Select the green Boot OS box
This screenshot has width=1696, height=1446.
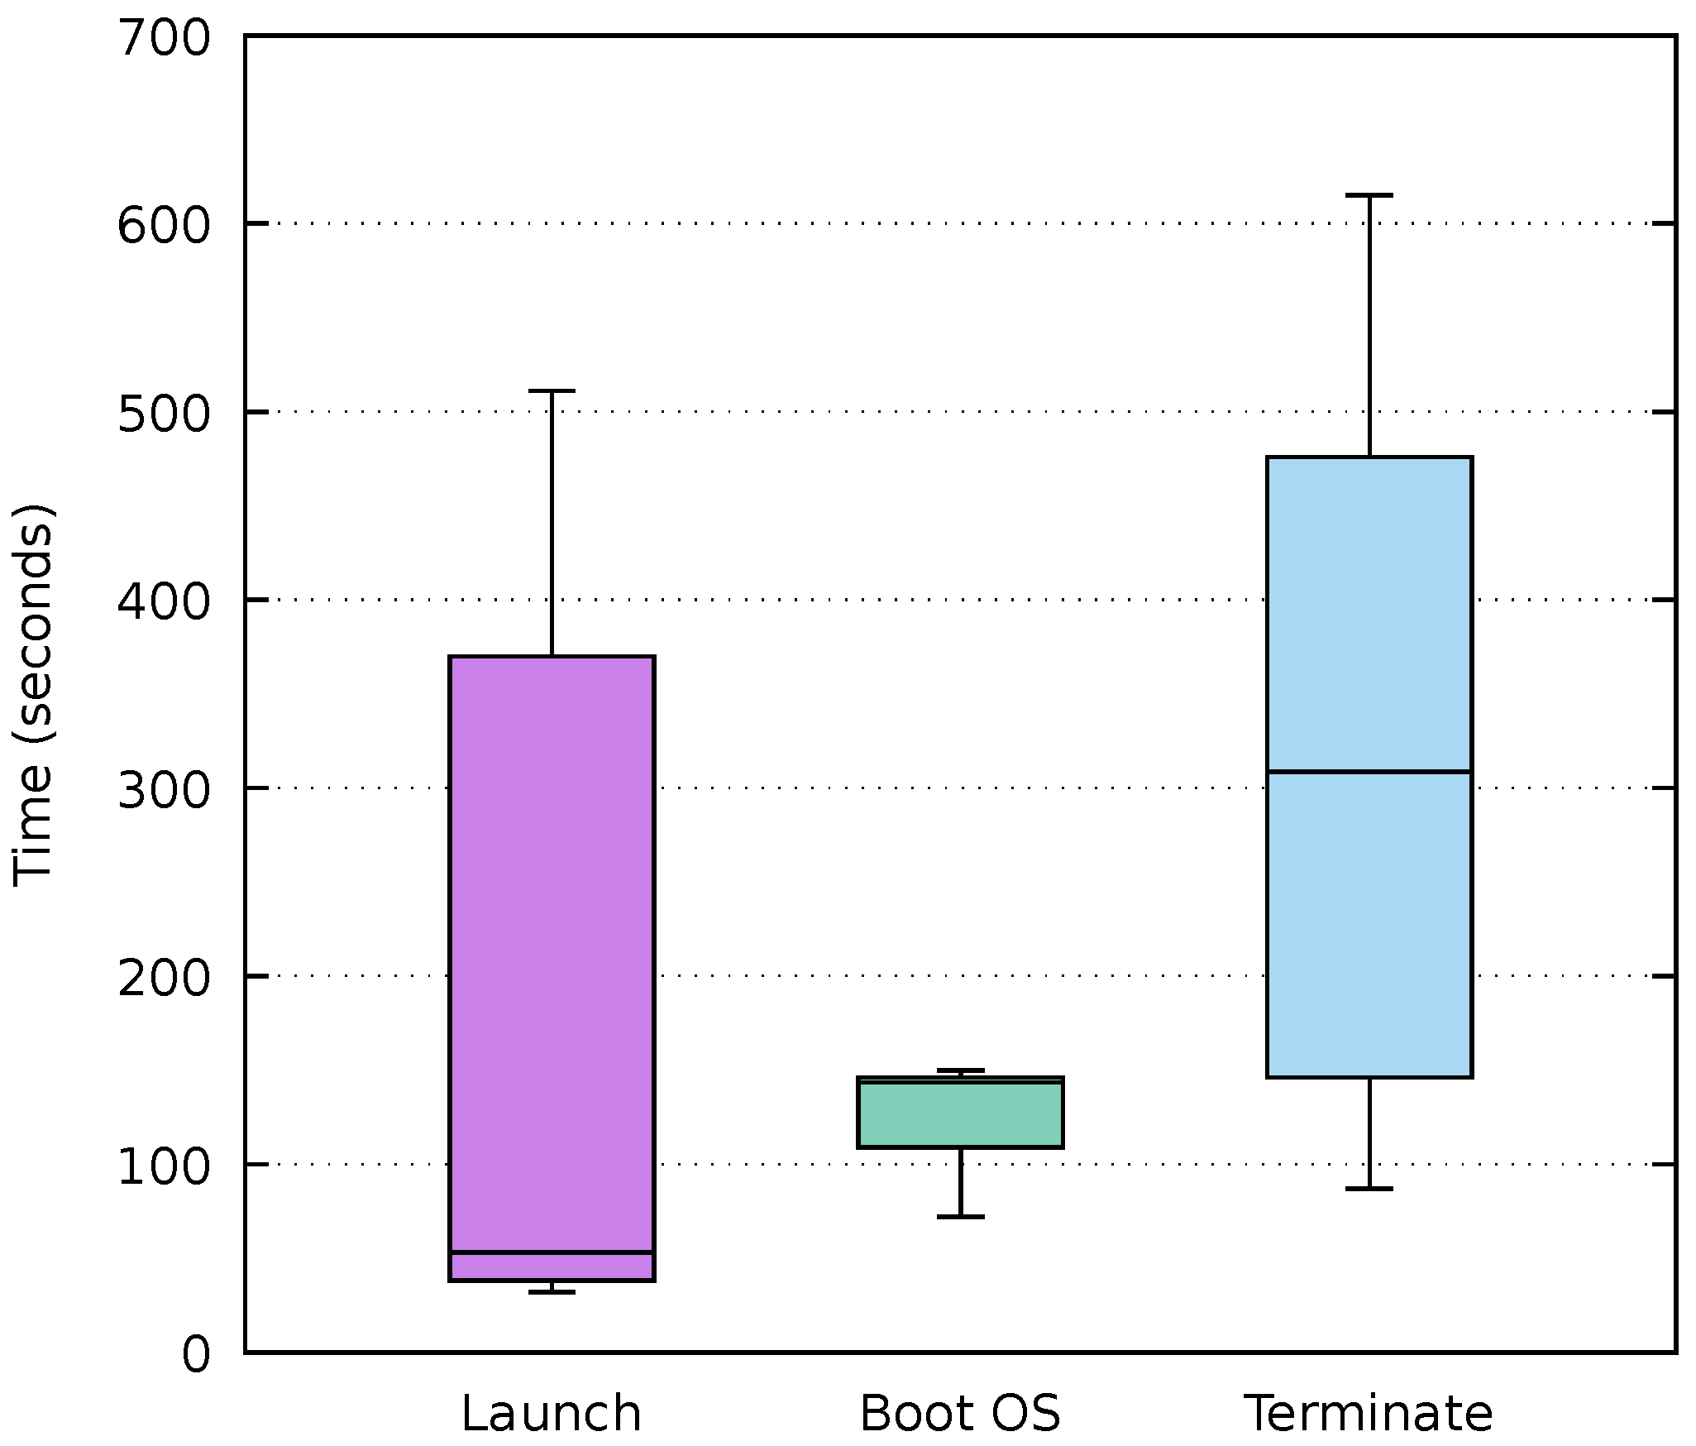coord(960,1117)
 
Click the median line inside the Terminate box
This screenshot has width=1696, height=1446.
coord(1369,772)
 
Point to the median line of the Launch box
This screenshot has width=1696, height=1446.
coord(552,1252)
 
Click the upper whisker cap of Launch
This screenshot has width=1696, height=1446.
coord(552,390)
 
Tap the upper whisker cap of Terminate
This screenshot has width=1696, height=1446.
coord(1369,195)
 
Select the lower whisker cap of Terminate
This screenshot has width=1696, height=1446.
coord(1369,1189)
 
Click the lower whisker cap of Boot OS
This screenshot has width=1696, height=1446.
coord(960,1217)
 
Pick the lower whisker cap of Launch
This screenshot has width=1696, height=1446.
coord(552,1292)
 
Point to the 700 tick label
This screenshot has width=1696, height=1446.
coord(165,38)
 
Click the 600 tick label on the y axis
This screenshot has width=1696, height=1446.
coord(165,225)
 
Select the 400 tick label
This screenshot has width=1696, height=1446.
coord(165,601)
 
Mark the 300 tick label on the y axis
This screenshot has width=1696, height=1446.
coord(165,790)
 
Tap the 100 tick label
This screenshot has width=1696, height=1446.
coord(165,1166)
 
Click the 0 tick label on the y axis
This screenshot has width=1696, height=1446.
coord(195,1355)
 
